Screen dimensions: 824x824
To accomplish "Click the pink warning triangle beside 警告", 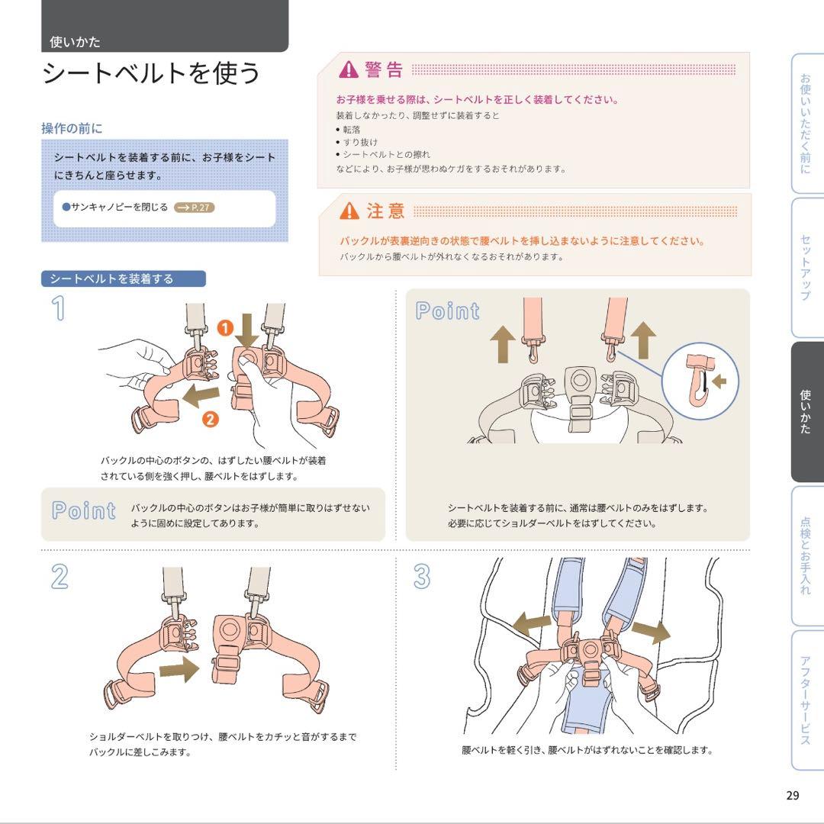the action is click(x=349, y=69).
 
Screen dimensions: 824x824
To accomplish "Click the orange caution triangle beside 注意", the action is click(x=349, y=211).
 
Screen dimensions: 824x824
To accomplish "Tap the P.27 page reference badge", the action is click(x=195, y=207).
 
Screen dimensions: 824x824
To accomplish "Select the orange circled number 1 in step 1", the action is click(x=225, y=328).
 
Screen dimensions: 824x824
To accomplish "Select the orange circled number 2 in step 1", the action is click(x=211, y=420).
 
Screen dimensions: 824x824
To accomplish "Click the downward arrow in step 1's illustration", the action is click(x=247, y=331).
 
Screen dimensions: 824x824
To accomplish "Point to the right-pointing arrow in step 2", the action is click(x=180, y=669).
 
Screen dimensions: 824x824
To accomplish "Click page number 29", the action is click(x=793, y=795).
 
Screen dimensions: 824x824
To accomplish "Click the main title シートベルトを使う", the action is click(x=151, y=72).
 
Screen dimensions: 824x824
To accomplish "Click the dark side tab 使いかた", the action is click(x=806, y=412).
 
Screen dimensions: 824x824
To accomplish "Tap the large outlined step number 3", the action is click(x=422, y=577).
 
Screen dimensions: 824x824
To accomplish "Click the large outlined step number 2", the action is click(x=60, y=577).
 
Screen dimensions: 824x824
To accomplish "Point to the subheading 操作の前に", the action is click(x=72, y=128).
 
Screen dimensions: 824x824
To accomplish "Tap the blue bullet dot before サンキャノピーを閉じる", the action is click(x=66, y=207).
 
